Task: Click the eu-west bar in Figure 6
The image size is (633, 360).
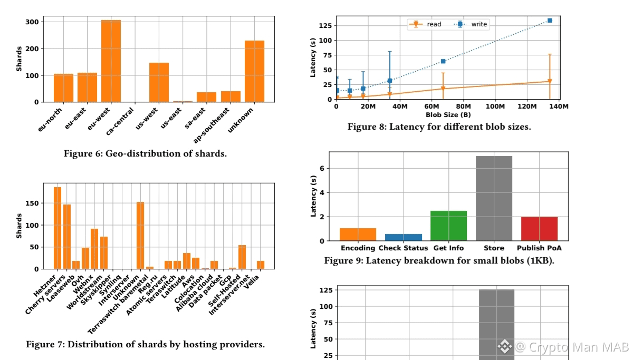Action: pyautogui.click(x=111, y=61)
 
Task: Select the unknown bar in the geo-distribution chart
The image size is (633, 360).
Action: pyautogui.click(x=254, y=71)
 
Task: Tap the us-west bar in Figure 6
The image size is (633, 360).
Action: pyautogui.click(x=159, y=82)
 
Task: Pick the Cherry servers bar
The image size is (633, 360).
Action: pyautogui.click(x=67, y=237)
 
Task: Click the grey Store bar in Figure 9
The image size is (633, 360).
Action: pyautogui.click(x=494, y=198)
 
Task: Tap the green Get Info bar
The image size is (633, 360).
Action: pyautogui.click(x=448, y=226)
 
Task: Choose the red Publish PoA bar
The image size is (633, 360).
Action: pyautogui.click(x=539, y=229)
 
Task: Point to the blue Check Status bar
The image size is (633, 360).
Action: pyautogui.click(x=404, y=237)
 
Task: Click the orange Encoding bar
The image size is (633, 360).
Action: pyautogui.click(x=358, y=234)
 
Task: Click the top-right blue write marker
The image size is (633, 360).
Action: pyautogui.click(x=550, y=21)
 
